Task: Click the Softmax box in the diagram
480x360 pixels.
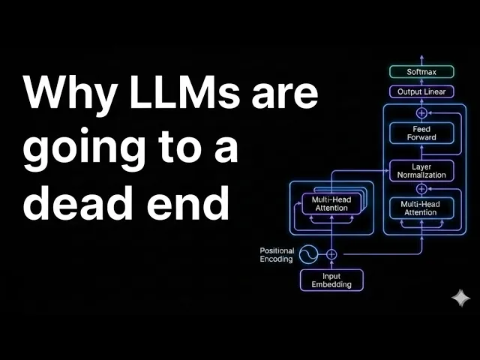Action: coord(421,73)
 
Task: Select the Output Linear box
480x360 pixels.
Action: coord(421,91)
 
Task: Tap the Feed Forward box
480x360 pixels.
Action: coord(421,133)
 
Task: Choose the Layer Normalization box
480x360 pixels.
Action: coord(421,170)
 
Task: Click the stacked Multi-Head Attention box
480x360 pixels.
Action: coord(331,202)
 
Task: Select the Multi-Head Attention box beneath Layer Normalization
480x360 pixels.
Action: coord(421,208)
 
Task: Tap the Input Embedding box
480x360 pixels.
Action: coord(331,280)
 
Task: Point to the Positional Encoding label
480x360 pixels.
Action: coord(277,254)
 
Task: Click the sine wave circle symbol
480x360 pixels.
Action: coord(308,254)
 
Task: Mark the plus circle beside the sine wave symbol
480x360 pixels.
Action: coord(331,254)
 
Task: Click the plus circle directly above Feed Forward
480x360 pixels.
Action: coord(421,112)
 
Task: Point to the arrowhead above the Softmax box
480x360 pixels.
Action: coord(421,58)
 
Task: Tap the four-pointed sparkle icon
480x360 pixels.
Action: coord(460,298)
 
